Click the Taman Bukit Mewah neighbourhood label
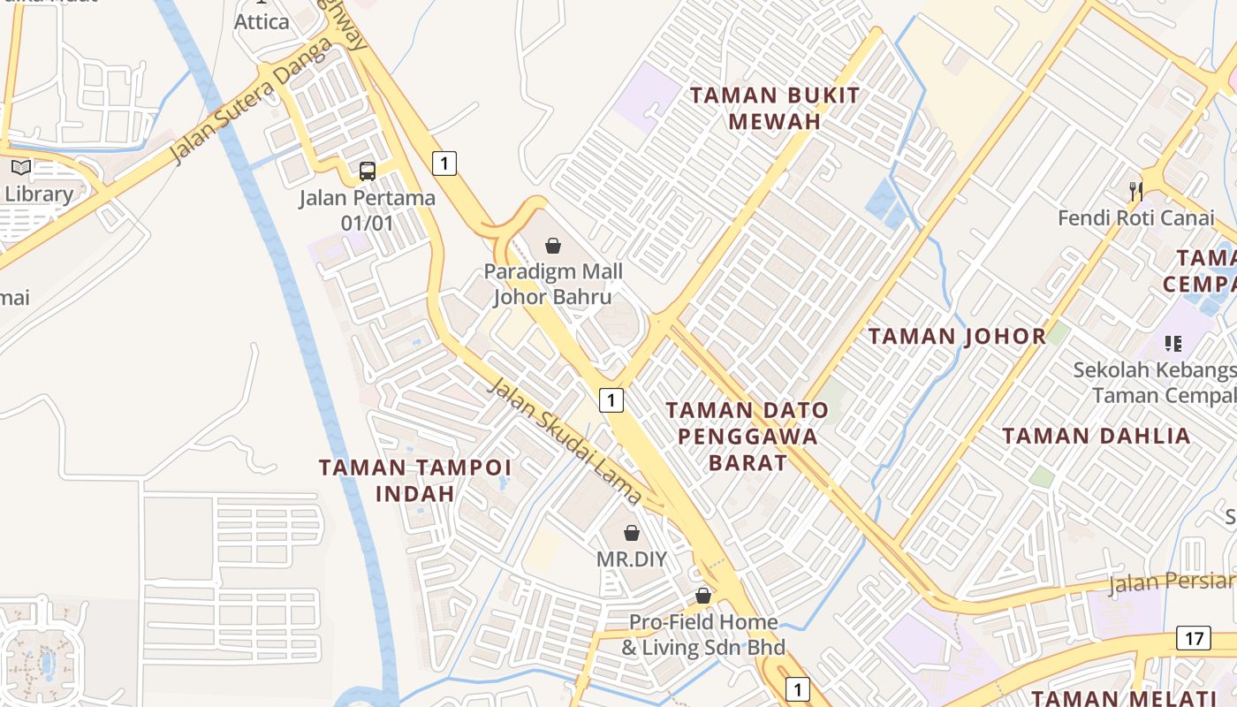pos(774,108)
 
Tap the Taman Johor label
pos(957,336)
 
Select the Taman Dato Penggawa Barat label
pos(747,436)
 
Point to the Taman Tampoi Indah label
pos(415,480)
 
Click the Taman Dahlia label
pos(1096,436)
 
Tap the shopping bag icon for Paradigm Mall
pos(553,246)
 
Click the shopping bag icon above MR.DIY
pos(632,533)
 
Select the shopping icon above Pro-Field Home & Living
pos(703,596)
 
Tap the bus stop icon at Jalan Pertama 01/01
pos(367,171)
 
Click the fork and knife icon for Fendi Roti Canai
pos(1136,190)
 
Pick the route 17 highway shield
pos(1193,638)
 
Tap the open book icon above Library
pos(20,167)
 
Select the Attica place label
pos(262,22)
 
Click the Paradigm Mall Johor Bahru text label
pos(552,284)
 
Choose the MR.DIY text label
pos(631,559)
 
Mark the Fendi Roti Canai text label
pos(1136,217)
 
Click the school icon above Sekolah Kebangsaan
pos(1173,343)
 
